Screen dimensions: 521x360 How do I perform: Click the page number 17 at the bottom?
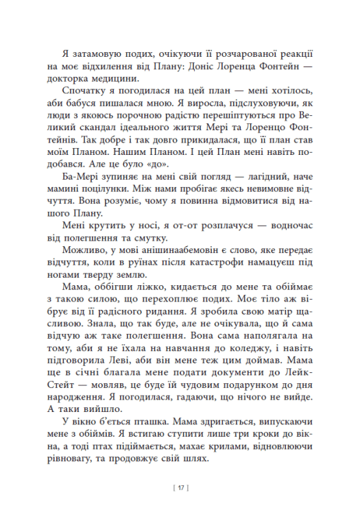[180, 488]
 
